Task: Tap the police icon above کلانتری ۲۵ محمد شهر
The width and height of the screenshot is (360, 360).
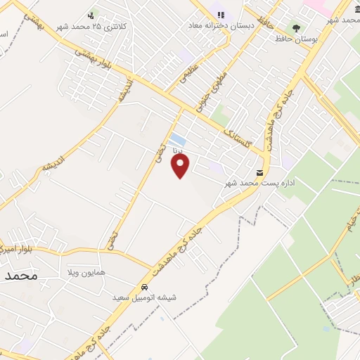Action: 91,15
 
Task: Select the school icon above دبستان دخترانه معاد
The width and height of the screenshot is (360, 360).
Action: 221,15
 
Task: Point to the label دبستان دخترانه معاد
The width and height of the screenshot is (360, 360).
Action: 215,25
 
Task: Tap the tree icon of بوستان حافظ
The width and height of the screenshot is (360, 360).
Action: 296,29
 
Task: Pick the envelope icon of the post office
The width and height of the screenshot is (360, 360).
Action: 260,173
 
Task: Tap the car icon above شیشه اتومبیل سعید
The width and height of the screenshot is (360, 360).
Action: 144,287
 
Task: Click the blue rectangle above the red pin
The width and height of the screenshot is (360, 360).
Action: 178,139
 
